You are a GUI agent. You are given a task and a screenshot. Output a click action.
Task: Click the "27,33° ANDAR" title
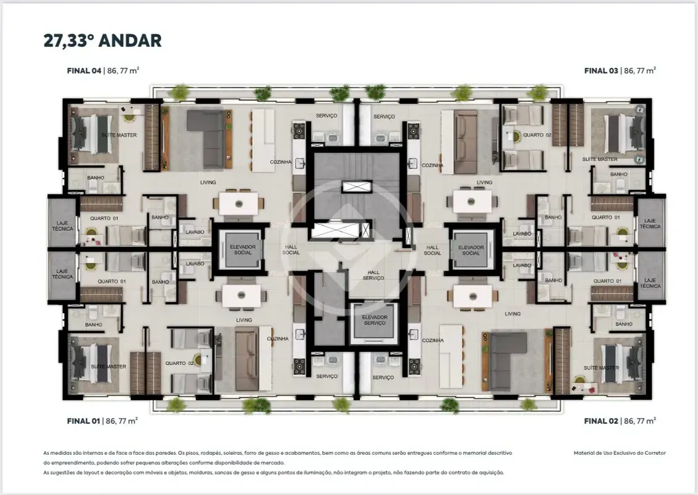[x=103, y=41]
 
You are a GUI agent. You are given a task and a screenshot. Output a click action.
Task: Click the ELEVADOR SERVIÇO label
[x=375, y=320]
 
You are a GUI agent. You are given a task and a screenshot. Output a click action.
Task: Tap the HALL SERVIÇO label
[x=373, y=275]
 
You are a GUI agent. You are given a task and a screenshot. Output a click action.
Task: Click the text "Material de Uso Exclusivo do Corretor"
[x=619, y=453]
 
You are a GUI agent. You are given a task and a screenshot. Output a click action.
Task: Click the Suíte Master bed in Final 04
[x=92, y=133]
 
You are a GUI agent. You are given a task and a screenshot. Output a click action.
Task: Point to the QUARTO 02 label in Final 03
[x=537, y=134]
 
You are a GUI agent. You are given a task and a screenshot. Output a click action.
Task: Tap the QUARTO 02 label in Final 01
[x=179, y=363]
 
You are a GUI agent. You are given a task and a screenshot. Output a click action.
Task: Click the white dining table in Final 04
[x=239, y=204]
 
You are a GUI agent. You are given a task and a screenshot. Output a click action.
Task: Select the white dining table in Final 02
[x=473, y=296]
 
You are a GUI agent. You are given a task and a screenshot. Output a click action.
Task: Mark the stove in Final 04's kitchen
[x=298, y=131]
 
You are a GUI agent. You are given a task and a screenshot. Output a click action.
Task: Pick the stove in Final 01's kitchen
[x=299, y=366]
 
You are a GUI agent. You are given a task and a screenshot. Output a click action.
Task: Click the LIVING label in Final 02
[x=513, y=314]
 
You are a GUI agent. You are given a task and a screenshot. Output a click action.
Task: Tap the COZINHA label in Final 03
[x=432, y=165]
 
